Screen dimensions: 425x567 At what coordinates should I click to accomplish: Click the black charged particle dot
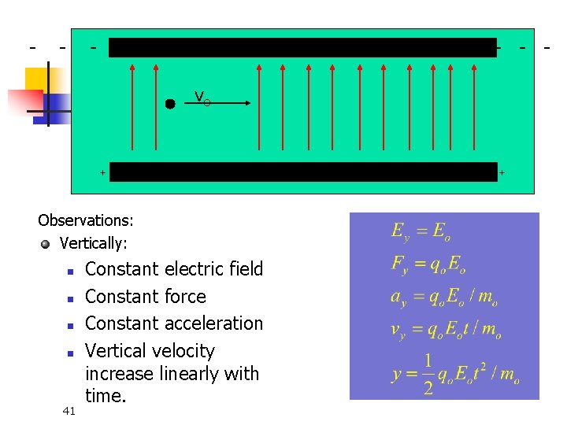pyautogui.click(x=170, y=103)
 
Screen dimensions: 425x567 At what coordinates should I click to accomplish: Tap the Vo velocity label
pyautogui.click(x=202, y=98)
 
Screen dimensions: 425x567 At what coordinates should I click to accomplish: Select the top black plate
pyautogui.click(x=302, y=47)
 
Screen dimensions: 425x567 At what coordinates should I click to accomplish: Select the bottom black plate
pyautogui.click(x=302, y=172)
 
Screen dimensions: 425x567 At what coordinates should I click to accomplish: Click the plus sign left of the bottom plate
pyautogui.click(x=102, y=172)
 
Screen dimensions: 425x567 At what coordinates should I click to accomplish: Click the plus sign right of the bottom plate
pyautogui.click(x=502, y=172)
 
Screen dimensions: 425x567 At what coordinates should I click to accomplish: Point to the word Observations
pyautogui.click(x=86, y=220)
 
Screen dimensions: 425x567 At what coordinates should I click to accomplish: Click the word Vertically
pyautogui.click(x=93, y=244)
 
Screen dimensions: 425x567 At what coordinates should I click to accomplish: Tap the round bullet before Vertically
pyautogui.click(x=46, y=244)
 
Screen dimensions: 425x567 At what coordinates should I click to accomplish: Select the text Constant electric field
pyautogui.click(x=174, y=269)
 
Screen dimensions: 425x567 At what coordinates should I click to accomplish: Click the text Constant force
pyautogui.click(x=146, y=297)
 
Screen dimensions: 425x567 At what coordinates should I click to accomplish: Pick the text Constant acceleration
pyautogui.click(x=174, y=323)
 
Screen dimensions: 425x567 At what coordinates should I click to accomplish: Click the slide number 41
pyautogui.click(x=69, y=409)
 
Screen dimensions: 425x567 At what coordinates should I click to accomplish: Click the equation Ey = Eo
pyautogui.click(x=421, y=231)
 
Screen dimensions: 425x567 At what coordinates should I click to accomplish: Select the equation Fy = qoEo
pyautogui.click(x=430, y=264)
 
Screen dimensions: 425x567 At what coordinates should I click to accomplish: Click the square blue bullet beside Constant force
pyautogui.click(x=70, y=298)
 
